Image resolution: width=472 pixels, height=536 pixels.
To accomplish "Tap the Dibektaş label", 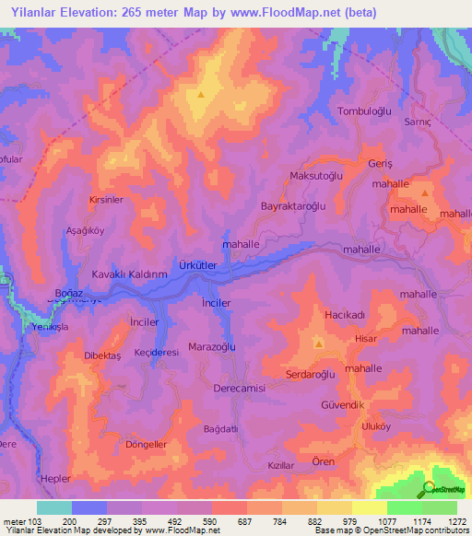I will [x=104, y=355].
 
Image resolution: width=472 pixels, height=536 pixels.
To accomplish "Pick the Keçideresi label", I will [x=156, y=352].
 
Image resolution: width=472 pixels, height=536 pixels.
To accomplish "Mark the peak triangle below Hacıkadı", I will [x=318, y=344].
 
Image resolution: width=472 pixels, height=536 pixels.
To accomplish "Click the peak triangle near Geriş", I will [x=424, y=193].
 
